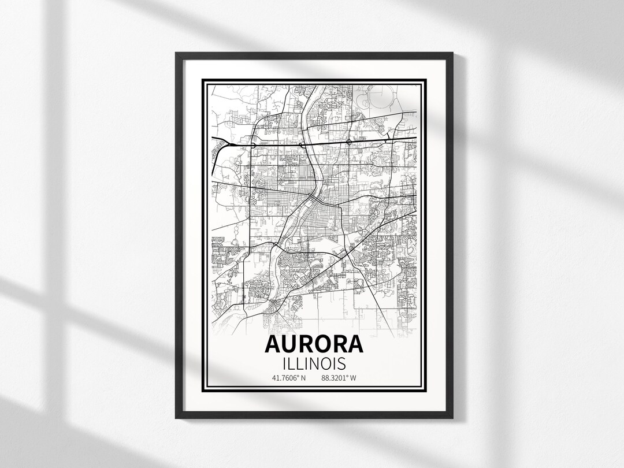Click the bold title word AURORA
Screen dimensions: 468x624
tap(314, 344)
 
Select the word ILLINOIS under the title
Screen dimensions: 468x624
tap(314, 363)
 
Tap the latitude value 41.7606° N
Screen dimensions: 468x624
tap(288, 378)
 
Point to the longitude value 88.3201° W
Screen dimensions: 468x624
tap(339, 378)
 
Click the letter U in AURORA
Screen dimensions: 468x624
tap(291, 344)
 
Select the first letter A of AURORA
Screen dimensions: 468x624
tap(273, 344)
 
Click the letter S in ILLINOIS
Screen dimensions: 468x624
tap(341, 363)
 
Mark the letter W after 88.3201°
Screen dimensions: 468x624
tap(354, 378)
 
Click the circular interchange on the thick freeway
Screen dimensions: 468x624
tap(349, 142)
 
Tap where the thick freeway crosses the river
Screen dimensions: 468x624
tap(306, 143)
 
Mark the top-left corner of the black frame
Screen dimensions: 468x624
tap(176, 53)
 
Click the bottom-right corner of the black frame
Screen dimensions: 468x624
tap(452, 418)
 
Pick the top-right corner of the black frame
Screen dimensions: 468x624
tap(452, 53)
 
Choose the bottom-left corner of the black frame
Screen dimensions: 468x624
tap(176, 418)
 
